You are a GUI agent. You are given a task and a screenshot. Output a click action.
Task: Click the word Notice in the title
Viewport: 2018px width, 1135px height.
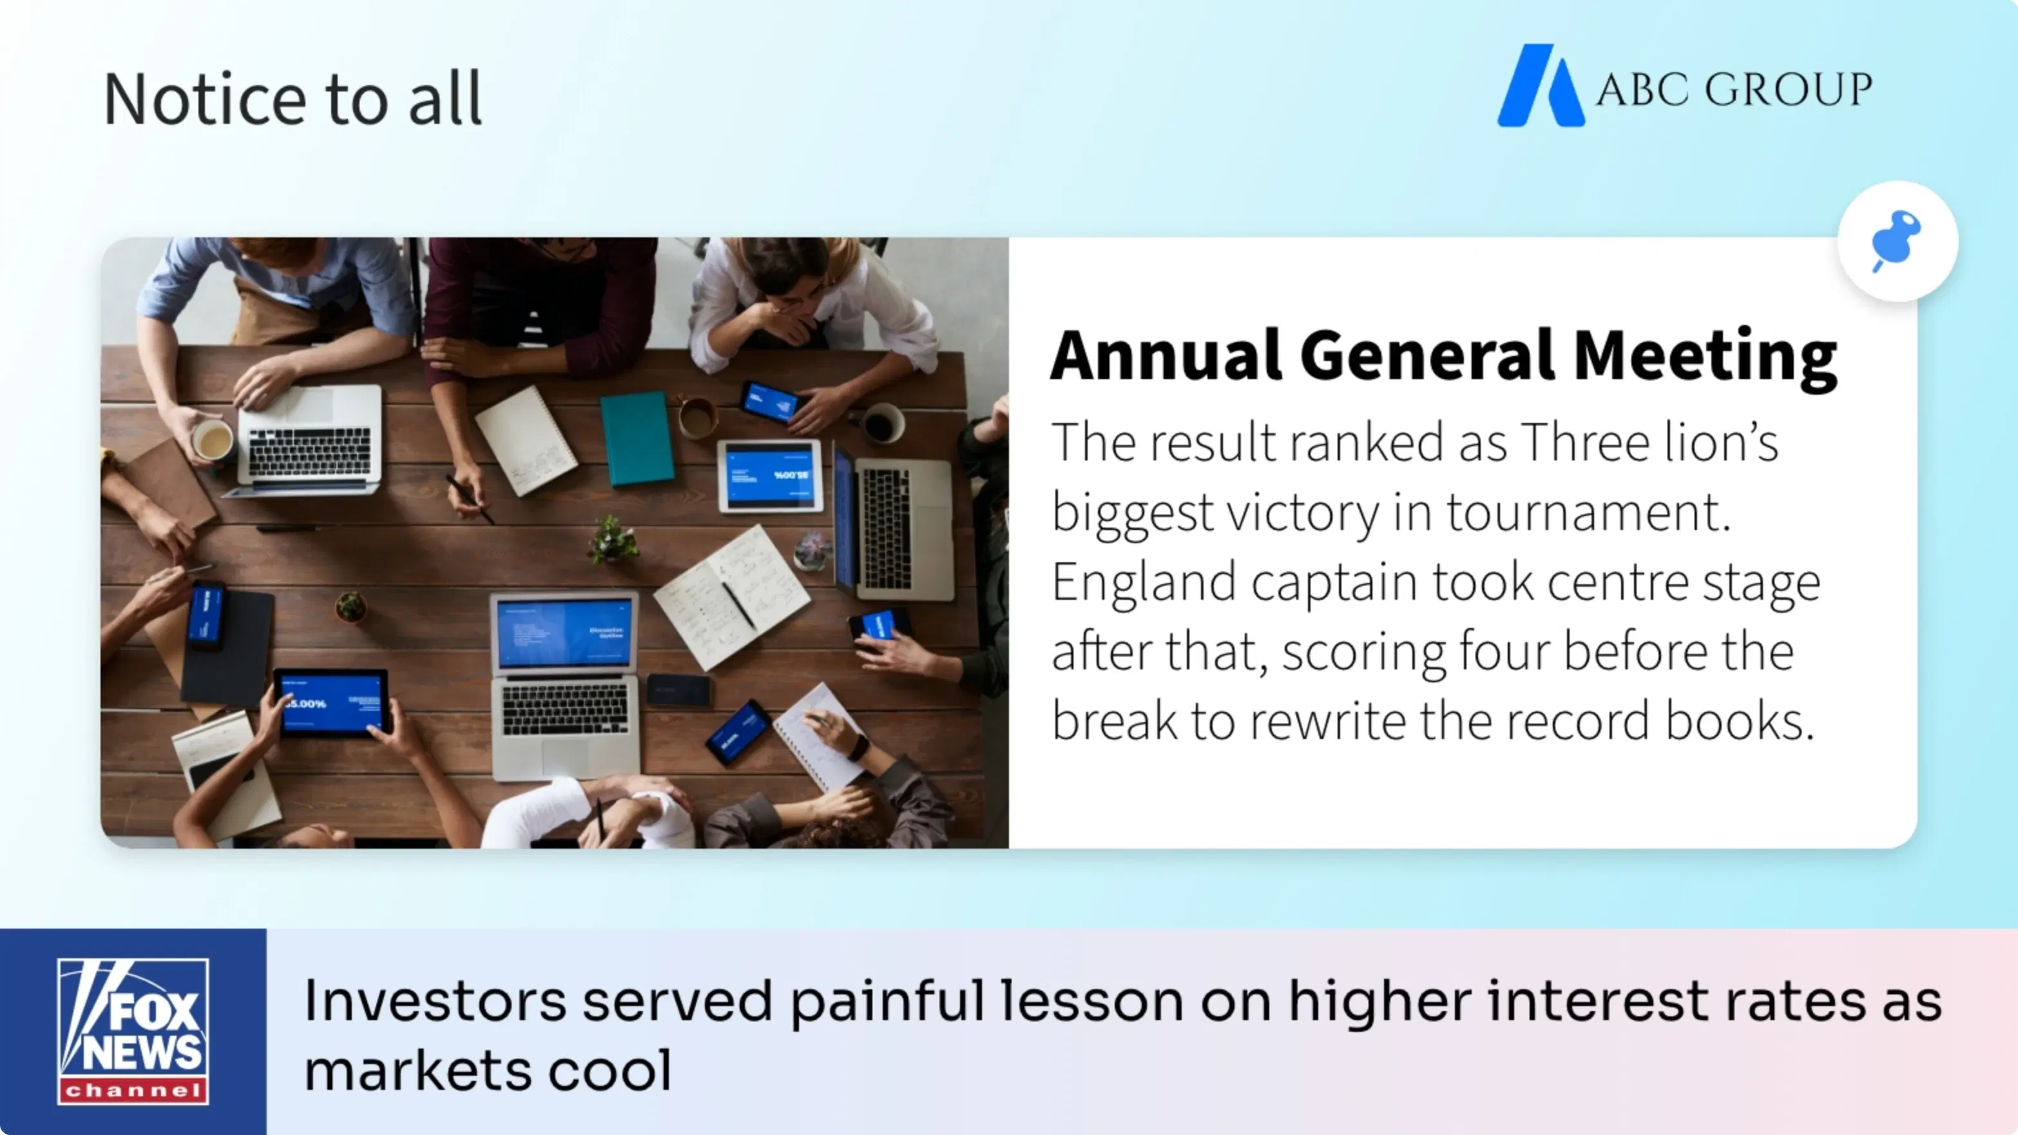(206, 99)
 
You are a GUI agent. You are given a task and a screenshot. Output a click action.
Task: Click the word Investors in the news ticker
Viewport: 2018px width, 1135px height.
(435, 1001)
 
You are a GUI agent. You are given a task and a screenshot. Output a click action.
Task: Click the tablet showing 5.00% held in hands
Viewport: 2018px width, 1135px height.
(331, 702)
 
